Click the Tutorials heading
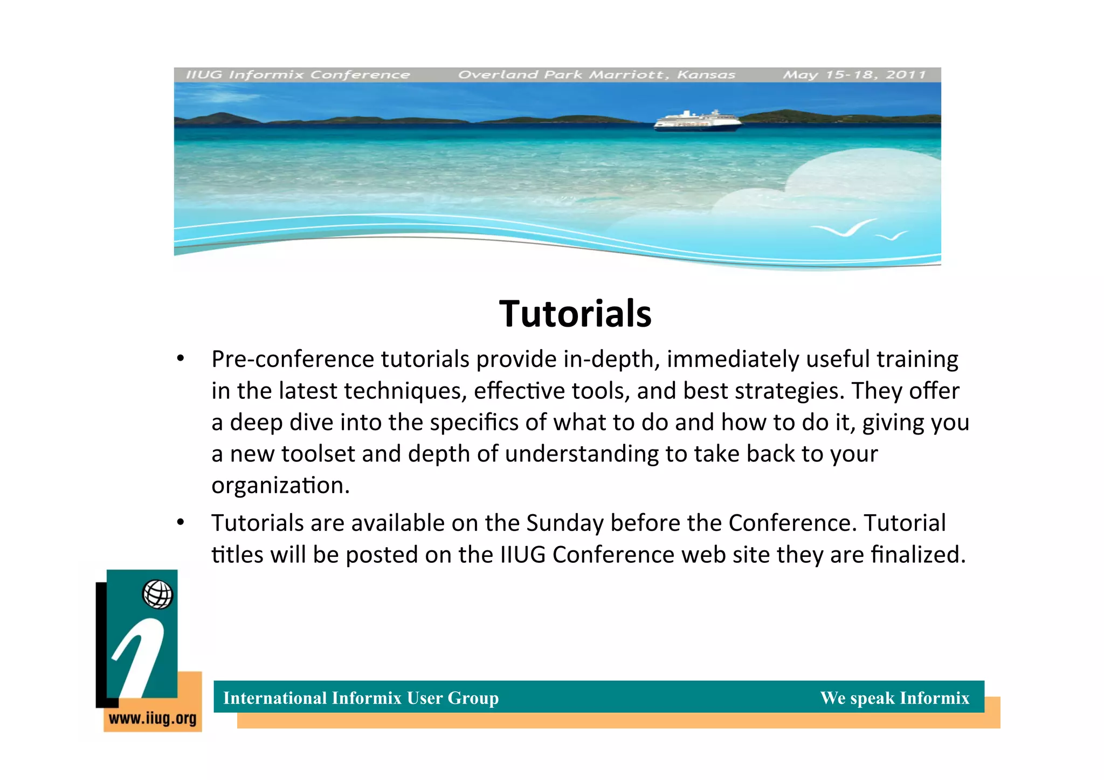pos(575,314)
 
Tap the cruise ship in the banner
pos(697,121)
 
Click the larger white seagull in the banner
pos(845,229)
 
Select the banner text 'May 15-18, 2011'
pos(854,75)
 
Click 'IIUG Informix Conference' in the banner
pos(298,75)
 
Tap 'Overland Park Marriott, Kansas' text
pos(596,75)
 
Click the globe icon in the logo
pos(157,595)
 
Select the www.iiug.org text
pos(153,719)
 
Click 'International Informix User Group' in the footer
pos(361,698)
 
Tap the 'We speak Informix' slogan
pos(894,698)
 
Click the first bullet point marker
pos(181,358)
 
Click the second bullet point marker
pos(181,522)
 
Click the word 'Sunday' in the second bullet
pos(564,523)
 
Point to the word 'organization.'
pos(280,486)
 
